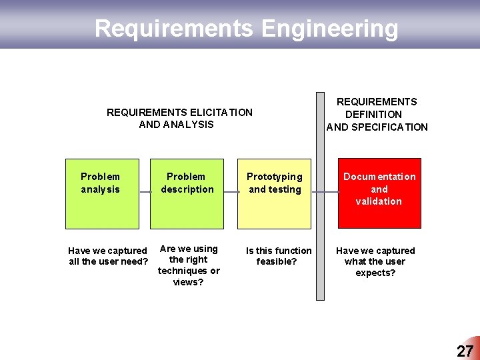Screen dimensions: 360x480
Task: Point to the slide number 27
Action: coord(465,351)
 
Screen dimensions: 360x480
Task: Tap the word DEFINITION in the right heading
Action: coord(373,115)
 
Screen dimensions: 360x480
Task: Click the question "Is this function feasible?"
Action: coord(279,256)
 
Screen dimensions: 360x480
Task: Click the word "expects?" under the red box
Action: coord(375,273)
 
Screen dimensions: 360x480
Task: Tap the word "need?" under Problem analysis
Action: coord(135,261)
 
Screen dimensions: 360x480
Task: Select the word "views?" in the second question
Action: coord(188,282)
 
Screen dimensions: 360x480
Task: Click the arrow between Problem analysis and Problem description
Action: coord(145,192)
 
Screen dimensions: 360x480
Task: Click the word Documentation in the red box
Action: coord(379,177)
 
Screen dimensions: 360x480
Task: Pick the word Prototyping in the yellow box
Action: coord(274,177)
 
